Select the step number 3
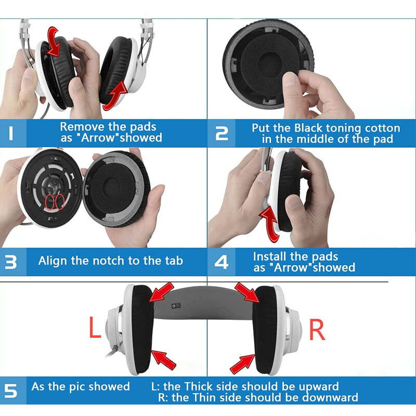[x=11, y=261]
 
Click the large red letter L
[x=94, y=328]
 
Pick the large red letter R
[x=317, y=329]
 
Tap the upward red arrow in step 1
[x=115, y=96]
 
